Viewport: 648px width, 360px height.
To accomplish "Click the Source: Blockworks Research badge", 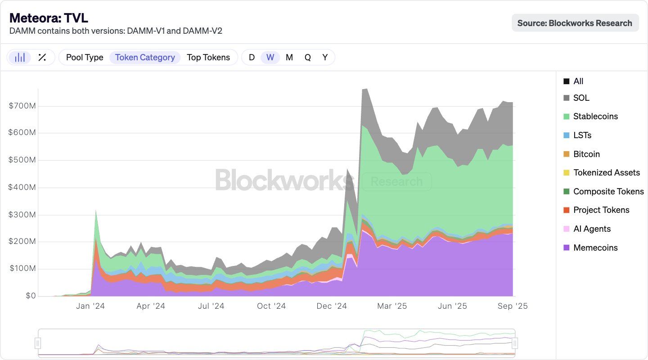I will [575, 23].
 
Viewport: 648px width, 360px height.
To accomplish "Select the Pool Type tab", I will [85, 57].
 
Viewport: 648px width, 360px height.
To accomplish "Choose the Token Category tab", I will [145, 57].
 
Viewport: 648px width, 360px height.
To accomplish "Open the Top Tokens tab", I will [208, 57].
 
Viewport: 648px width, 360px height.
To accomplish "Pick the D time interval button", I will [252, 57].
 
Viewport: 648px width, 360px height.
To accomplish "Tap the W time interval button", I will [270, 57].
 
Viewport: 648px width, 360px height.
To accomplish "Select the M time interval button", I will [289, 57].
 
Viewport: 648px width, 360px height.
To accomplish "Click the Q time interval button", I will [307, 57].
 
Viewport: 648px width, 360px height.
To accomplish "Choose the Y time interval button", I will [325, 57].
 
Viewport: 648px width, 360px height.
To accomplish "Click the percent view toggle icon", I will [42, 57].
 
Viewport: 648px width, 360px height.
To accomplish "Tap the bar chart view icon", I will [20, 57].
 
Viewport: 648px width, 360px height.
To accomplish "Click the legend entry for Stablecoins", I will [595, 116].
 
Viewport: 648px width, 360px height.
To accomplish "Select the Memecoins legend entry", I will [595, 247].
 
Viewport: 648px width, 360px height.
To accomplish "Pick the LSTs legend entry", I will [582, 135].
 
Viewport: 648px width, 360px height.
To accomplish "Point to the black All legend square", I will [566, 81].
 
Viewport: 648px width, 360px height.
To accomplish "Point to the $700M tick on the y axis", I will [22, 106].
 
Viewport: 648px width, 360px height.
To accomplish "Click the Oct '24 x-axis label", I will [271, 306].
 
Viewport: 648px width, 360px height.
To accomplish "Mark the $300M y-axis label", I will [22, 215].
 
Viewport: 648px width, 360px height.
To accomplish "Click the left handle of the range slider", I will [38, 343].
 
